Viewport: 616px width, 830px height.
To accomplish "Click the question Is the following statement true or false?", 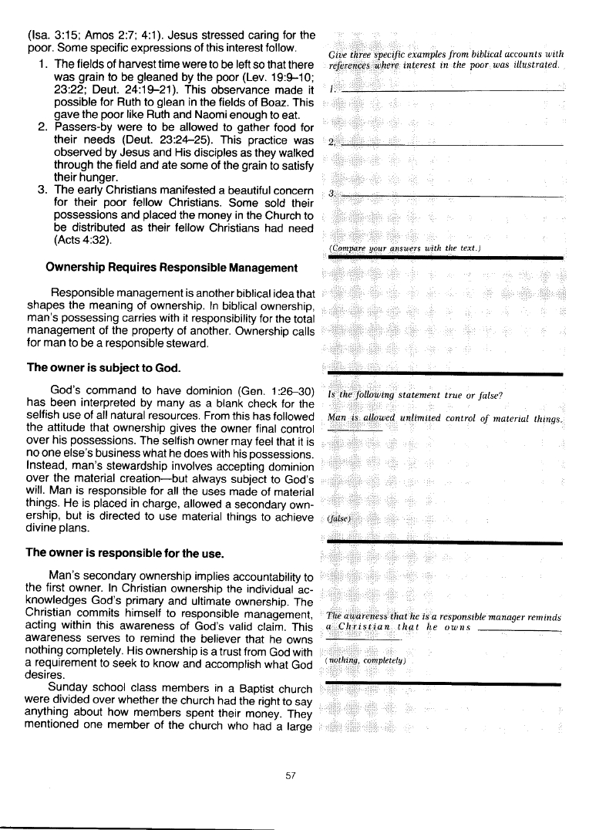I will click(x=416, y=396).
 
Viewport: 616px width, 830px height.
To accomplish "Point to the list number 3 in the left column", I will click(x=42, y=191).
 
